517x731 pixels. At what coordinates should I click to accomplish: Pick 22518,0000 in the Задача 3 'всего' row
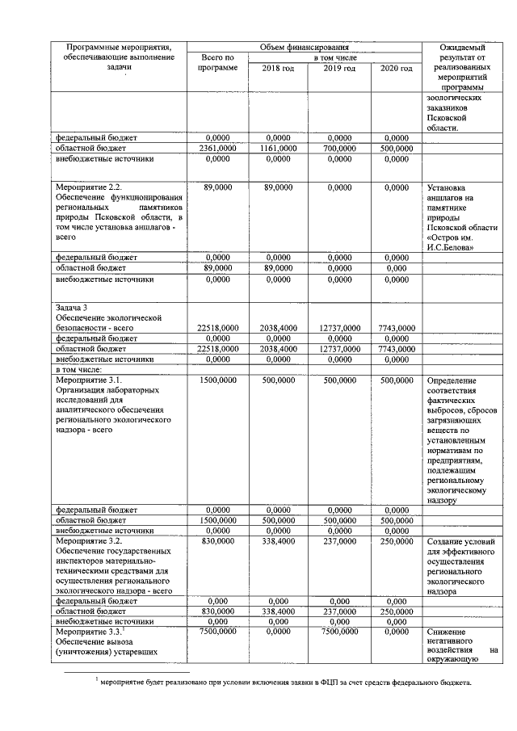point(217,327)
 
